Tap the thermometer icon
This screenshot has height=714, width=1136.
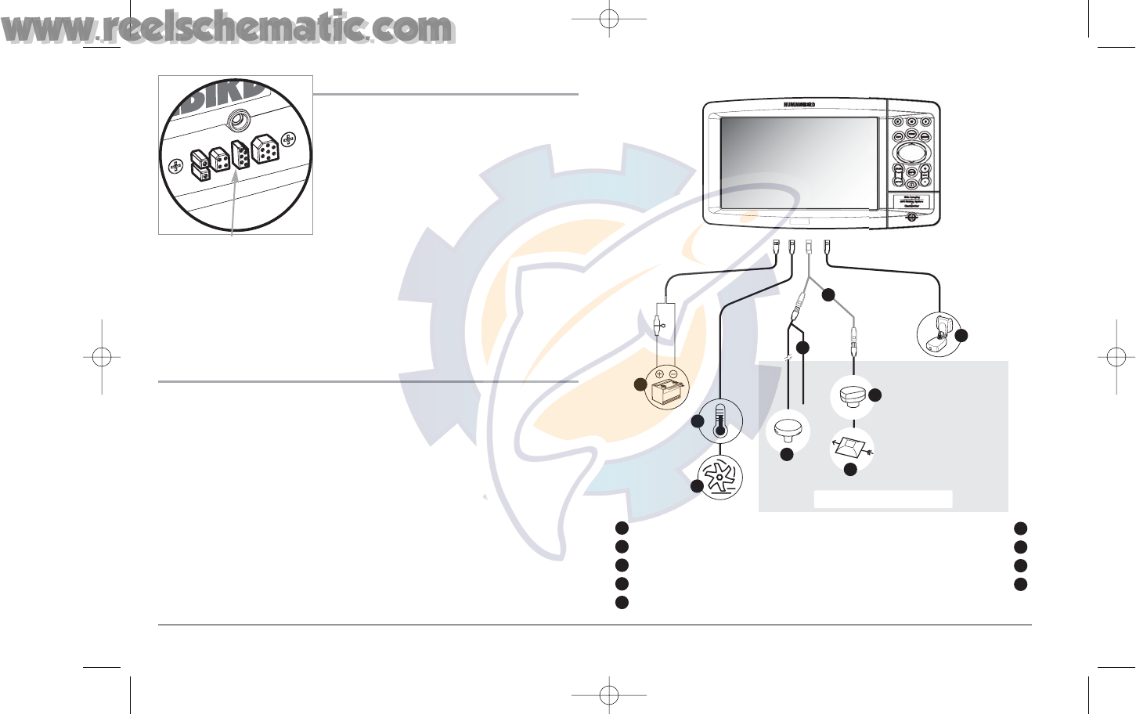(x=719, y=420)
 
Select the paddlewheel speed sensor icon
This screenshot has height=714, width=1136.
(x=719, y=478)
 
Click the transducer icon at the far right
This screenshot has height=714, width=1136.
(x=938, y=334)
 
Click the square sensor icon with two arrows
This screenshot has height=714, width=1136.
(x=851, y=449)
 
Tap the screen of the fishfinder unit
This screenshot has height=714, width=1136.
(x=798, y=163)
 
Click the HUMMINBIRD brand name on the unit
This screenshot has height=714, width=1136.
(x=799, y=105)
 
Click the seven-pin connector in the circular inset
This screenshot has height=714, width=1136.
(x=265, y=148)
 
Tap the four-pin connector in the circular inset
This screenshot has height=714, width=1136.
(x=219, y=160)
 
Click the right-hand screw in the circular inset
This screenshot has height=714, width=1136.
(x=288, y=140)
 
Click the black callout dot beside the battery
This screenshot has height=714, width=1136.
(x=640, y=384)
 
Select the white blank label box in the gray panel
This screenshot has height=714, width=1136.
(x=883, y=499)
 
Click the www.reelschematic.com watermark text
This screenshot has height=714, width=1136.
(x=227, y=28)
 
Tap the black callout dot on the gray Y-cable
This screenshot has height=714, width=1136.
(x=828, y=294)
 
